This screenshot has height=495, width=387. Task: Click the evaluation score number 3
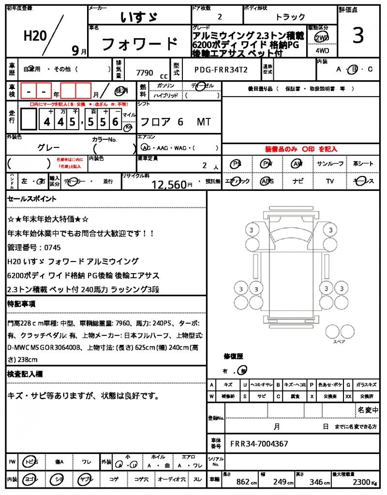click(x=358, y=36)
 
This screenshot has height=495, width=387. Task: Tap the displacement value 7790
click(x=145, y=73)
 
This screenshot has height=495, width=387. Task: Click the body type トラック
click(x=290, y=17)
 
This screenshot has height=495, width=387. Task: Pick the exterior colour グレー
click(x=48, y=147)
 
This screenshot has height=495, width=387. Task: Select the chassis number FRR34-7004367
click(x=259, y=443)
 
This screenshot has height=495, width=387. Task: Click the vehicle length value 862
click(x=242, y=482)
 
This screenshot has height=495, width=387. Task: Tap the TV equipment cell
click(x=330, y=181)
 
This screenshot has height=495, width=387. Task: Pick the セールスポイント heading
click(x=32, y=198)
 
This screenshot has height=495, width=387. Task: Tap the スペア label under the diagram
click(x=339, y=341)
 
